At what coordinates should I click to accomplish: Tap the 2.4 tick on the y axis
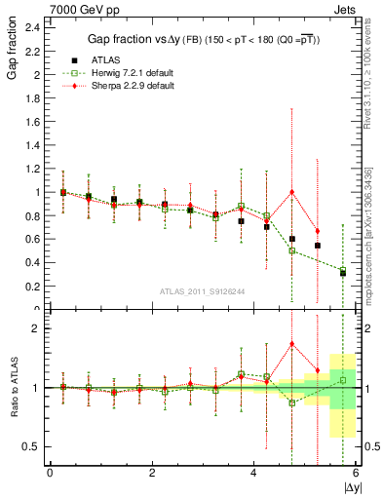coord(32,27)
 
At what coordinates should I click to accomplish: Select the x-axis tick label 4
coord(253,475)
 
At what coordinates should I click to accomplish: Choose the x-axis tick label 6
coord(356,475)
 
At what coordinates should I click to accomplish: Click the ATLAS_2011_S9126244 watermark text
coord(175,291)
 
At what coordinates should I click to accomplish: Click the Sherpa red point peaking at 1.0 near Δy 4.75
coord(291,192)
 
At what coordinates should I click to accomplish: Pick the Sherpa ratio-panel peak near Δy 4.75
coord(291,343)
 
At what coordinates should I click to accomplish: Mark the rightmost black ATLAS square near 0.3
coord(343,273)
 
